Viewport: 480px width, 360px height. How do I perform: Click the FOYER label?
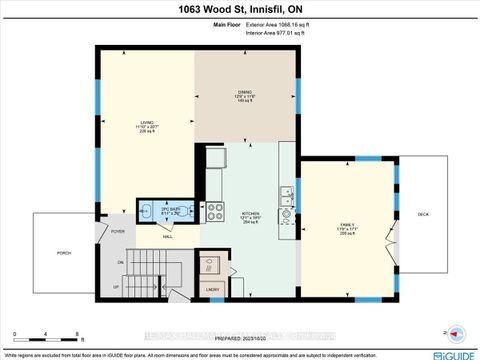click(x=117, y=232)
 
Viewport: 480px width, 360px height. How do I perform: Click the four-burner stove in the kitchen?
click(x=215, y=212)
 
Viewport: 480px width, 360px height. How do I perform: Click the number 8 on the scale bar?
click(x=78, y=333)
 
